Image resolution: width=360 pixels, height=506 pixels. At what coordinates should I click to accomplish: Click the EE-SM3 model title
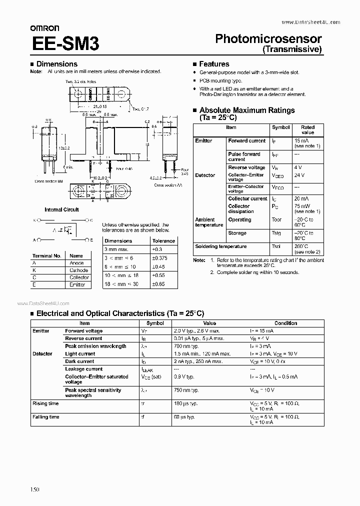(x=65, y=43)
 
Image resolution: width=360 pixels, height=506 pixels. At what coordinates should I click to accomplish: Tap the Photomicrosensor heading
(x=268, y=39)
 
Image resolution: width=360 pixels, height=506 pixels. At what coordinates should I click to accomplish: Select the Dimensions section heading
(x=57, y=64)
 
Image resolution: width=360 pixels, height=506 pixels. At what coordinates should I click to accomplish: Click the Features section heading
(x=214, y=64)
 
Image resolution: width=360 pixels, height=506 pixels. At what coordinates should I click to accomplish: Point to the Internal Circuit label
(x=61, y=209)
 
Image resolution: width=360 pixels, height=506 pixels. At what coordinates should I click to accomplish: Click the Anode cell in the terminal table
(x=76, y=263)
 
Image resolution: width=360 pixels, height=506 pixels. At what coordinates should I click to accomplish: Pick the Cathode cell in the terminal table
(x=78, y=270)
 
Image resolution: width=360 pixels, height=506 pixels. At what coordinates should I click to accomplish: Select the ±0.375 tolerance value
(x=161, y=258)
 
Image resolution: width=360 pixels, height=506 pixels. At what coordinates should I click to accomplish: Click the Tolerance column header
(x=163, y=240)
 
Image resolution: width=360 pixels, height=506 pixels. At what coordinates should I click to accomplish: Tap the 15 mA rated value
(x=301, y=140)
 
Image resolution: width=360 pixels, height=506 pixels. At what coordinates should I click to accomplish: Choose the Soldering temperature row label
(x=220, y=246)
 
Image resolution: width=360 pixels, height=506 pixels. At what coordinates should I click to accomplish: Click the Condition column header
(x=285, y=323)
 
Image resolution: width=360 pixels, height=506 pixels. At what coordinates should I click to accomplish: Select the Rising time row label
(x=45, y=403)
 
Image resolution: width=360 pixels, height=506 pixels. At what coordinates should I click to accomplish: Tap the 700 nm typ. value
(x=186, y=346)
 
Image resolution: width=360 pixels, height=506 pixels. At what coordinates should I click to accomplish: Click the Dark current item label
(x=79, y=361)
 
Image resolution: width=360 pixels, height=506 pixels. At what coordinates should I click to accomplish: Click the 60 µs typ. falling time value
(x=185, y=417)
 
